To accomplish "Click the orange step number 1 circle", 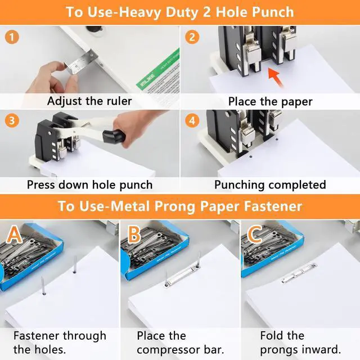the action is coord(12,37).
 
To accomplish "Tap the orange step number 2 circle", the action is coord(192,37).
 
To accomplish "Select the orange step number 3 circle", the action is coord(12,121).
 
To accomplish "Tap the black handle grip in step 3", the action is coord(114,136).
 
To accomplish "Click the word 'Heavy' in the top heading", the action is coord(140,12).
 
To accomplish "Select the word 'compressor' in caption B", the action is coord(169,350).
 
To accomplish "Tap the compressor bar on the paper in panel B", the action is coord(182,275).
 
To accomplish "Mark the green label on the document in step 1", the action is coord(158,69).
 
